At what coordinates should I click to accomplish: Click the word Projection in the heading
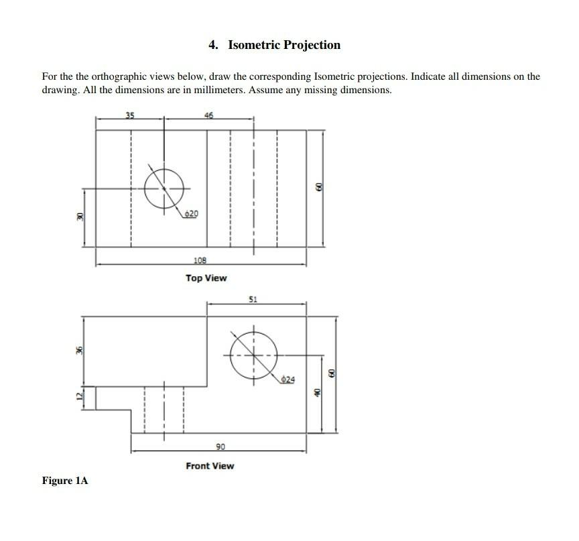tap(312, 45)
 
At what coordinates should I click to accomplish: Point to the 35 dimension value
tap(130, 115)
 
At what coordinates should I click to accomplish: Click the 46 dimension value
tap(208, 115)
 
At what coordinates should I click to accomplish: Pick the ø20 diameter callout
tap(191, 213)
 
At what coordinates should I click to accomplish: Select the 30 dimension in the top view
tap(78, 217)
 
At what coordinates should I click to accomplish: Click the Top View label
tap(206, 278)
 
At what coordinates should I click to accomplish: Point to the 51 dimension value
tap(253, 298)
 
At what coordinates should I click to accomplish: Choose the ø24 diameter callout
tap(287, 379)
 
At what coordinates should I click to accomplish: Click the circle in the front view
tap(253, 355)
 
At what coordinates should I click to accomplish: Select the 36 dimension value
tap(78, 350)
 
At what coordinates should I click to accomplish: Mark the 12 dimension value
tap(78, 397)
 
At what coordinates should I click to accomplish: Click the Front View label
tap(210, 466)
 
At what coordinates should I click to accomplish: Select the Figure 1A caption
tap(64, 481)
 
